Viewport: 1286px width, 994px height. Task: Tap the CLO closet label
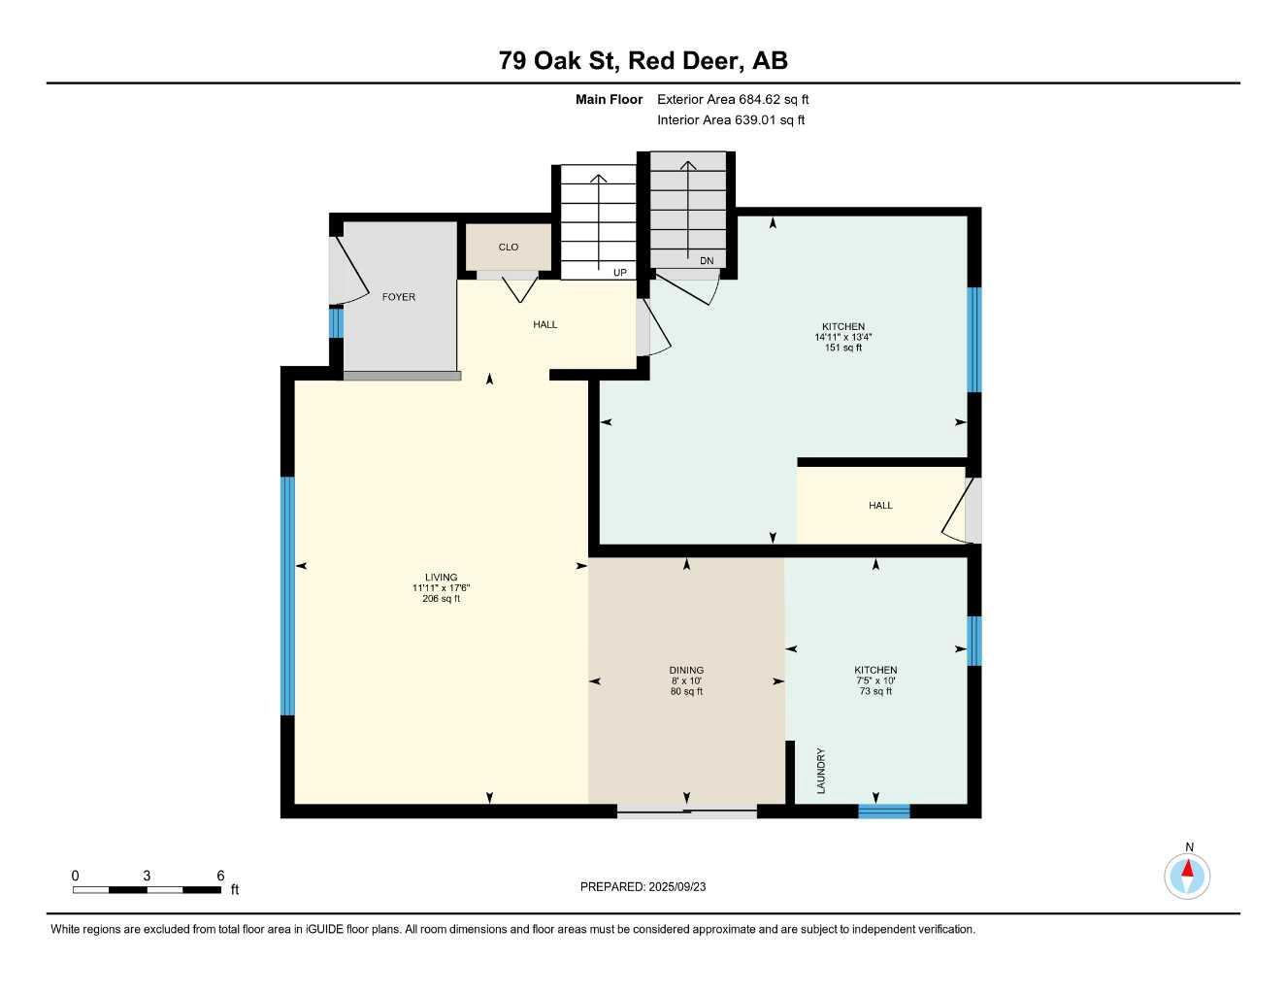coord(509,248)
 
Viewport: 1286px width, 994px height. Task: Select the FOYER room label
coord(398,297)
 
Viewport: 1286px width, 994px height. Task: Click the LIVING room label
coord(441,578)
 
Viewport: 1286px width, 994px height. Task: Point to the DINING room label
coord(686,671)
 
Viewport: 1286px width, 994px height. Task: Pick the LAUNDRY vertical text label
coord(821,771)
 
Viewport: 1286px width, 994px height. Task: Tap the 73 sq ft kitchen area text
coord(875,692)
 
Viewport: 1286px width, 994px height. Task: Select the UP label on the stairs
coord(619,273)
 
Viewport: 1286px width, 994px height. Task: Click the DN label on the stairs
coord(707,261)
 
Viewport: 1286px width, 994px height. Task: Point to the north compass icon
coord(1187,876)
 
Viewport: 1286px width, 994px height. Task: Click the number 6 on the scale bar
coord(221,876)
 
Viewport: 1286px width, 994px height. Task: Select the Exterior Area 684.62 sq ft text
coord(733,99)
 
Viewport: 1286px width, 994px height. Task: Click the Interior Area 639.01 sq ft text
coord(731,120)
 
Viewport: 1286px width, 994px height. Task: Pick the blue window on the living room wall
coord(287,596)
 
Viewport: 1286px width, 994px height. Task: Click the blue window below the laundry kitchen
coord(883,812)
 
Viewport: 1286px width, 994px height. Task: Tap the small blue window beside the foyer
coord(336,322)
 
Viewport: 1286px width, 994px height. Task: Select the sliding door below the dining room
coord(687,812)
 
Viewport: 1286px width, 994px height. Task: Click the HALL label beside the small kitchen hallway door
coord(880,506)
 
